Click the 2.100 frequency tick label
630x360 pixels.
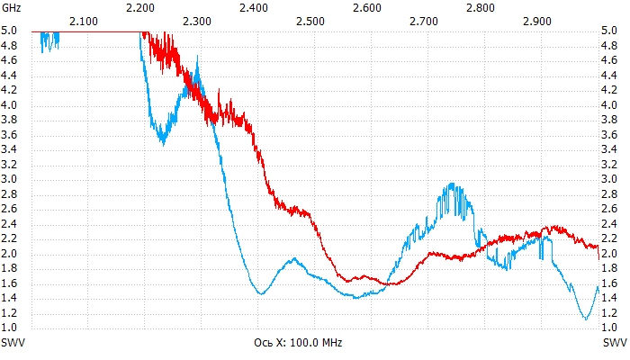tap(84, 20)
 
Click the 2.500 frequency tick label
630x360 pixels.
tap(310, 20)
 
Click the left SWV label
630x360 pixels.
tap(13, 343)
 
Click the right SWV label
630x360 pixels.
tap(615, 343)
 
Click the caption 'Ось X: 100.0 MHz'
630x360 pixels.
tap(298, 343)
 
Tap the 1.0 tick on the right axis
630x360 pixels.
tap(609, 328)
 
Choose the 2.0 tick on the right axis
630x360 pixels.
tap(609, 254)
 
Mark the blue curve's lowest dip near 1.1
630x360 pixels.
tap(586, 318)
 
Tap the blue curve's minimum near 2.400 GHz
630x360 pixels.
tap(260, 293)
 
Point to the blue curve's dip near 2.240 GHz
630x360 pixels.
tap(162, 141)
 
